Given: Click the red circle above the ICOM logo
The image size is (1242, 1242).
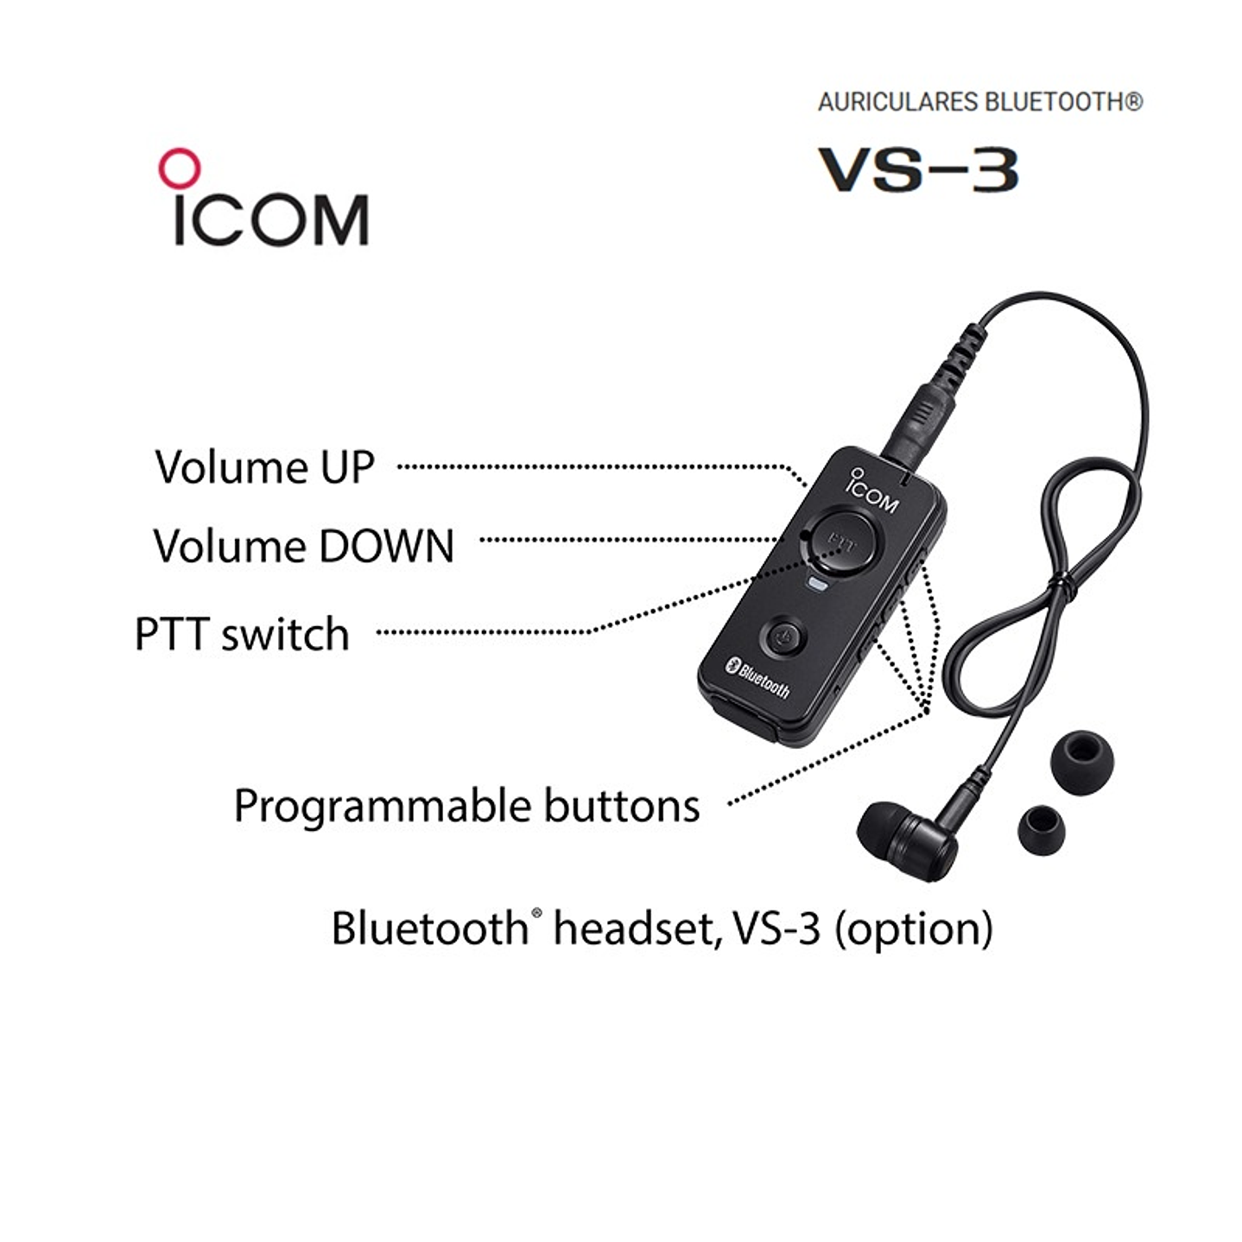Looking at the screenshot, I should (x=179, y=168).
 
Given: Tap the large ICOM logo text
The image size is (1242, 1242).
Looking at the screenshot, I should (x=270, y=219).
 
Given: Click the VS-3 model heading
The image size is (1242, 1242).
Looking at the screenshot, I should (x=918, y=170).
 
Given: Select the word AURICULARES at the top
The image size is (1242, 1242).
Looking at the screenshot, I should (x=897, y=102).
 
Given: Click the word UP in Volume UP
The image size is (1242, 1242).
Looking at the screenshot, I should (x=347, y=467).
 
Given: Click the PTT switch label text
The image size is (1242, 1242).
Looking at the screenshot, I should (x=242, y=634).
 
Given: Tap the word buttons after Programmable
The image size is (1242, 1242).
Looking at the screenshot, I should (x=621, y=806).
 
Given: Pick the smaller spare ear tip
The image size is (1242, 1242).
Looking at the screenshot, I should (x=1040, y=828).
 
